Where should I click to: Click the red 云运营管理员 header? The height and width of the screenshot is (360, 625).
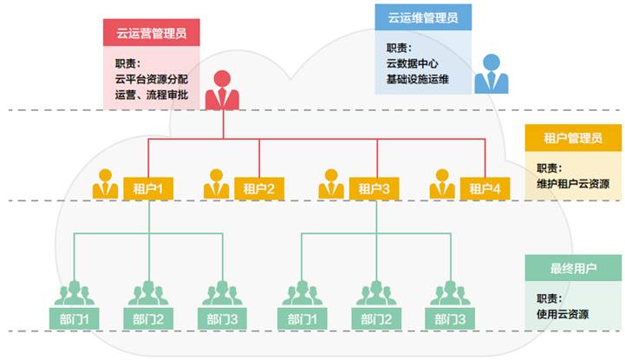(x=152, y=34)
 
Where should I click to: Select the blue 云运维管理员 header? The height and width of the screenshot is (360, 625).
(x=423, y=16)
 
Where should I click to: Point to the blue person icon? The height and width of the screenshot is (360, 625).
(x=491, y=73)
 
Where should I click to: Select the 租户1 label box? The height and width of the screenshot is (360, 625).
(x=148, y=188)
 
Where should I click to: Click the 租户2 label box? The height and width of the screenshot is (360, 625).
(x=259, y=188)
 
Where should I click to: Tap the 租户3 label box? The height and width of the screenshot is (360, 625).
(x=374, y=188)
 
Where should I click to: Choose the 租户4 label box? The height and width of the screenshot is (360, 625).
(x=485, y=188)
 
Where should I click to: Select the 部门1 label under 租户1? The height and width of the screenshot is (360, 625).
(x=75, y=318)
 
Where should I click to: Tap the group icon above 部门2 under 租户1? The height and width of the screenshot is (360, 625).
(x=149, y=293)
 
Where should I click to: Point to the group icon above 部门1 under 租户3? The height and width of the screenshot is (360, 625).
(x=300, y=293)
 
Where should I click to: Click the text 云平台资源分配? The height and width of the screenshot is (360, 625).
(x=152, y=80)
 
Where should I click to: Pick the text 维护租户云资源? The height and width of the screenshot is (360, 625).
(x=573, y=184)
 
